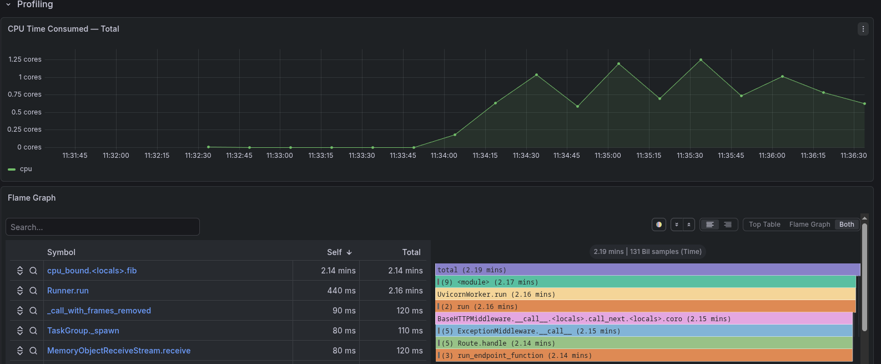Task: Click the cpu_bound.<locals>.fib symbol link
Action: [92, 271]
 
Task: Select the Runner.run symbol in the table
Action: [68, 291]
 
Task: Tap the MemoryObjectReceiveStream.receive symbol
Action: [119, 351]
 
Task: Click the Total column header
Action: [411, 252]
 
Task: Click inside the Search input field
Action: [103, 227]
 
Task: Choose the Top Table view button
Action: [764, 225]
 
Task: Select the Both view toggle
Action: [847, 225]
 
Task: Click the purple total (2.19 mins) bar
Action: [647, 270]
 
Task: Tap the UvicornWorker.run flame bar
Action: [646, 295]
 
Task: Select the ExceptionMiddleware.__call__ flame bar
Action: [644, 331]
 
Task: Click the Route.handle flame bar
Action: [644, 343]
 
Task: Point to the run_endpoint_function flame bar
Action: [644, 355]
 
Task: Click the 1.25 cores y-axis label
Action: [25, 59]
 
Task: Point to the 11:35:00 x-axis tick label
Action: [608, 156]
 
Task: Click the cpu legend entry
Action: [20, 169]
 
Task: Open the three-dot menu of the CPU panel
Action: [863, 29]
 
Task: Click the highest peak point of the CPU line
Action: [701, 60]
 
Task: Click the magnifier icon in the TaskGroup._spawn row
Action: [33, 331]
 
